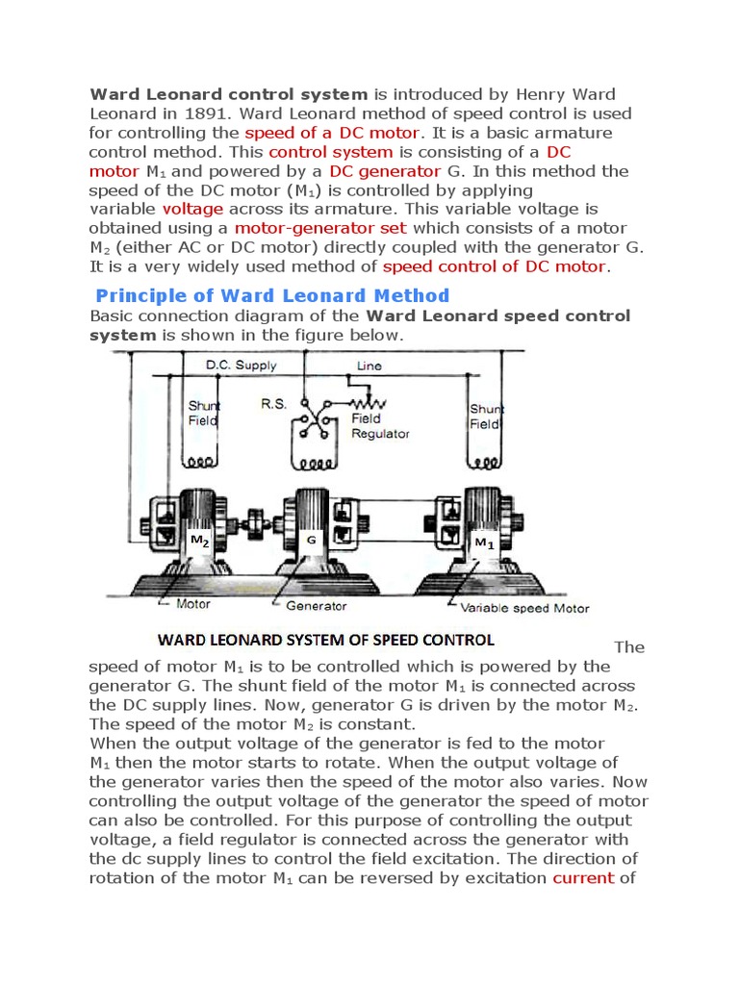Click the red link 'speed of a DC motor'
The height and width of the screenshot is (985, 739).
point(332,133)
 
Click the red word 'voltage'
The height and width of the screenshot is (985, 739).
point(192,209)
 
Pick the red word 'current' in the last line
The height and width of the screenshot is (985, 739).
point(583,878)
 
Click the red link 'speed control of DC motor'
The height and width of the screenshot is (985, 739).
point(495,266)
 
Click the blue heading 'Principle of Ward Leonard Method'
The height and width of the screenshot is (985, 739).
point(271,295)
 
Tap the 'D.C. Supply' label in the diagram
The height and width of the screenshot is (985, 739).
point(242,366)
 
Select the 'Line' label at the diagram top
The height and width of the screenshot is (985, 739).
point(369,366)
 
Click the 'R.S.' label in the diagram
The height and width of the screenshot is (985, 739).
point(273,405)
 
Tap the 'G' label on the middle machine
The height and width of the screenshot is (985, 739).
point(312,542)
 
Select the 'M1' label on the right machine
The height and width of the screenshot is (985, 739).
point(484,543)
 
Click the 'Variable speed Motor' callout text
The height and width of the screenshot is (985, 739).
point(524,608)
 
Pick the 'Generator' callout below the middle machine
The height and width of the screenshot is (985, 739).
point(317,606)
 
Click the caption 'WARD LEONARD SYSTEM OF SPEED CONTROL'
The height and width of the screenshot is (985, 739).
point(325,640)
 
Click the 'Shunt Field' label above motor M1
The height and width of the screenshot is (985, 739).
point(485,417)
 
